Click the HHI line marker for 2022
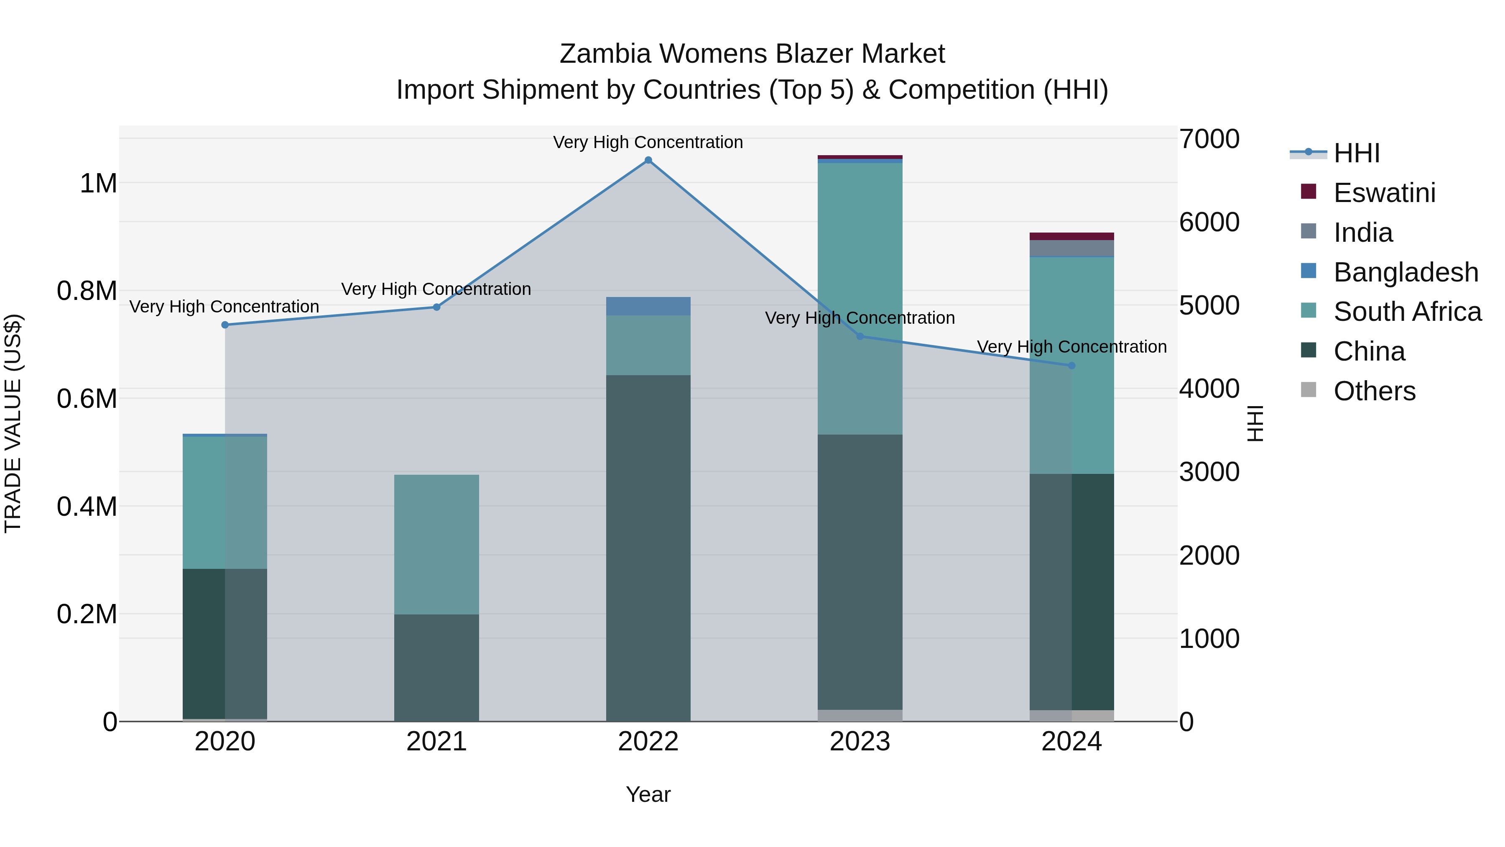648,160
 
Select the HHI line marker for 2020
225,325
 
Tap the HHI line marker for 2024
1071,366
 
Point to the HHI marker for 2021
436,307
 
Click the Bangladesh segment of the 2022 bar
648,306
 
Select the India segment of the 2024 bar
1071,248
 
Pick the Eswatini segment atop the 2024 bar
1071,236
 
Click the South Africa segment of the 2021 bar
436,544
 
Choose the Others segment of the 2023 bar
860,716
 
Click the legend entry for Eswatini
1384,193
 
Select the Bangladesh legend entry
1406,272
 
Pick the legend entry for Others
1374,391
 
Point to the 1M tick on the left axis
98,184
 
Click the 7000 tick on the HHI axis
1209,139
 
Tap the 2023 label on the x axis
860,742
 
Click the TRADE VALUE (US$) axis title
13,423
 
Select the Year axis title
648,794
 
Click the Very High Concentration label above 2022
648,142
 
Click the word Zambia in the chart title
605,54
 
